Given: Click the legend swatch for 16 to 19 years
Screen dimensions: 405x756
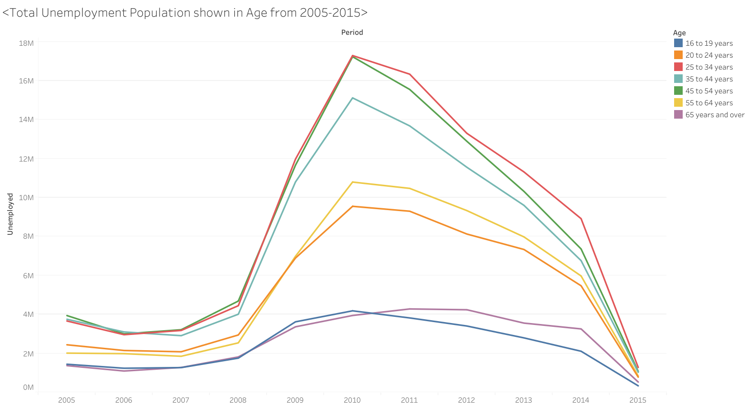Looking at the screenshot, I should tap(678, 43).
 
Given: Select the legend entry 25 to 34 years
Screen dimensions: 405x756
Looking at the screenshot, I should tap(709, 67).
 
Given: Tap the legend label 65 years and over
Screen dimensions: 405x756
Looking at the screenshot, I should tap(715, 115).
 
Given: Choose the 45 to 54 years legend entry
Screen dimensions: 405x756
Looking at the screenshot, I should tap(709, 91).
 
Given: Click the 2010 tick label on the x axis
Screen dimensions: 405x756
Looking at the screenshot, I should tap(352, 400).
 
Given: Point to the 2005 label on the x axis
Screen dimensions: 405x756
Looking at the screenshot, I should tap(67, 400).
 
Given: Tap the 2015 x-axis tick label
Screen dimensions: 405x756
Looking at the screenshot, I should tap(638, 400).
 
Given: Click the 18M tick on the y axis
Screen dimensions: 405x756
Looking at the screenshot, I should tap(26, 43).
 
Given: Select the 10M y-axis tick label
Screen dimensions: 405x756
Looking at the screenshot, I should tap(26, 197).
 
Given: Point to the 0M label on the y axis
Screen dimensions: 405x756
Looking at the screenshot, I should tap(28, 387).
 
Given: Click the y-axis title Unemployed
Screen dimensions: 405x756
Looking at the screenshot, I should tap(10, 214).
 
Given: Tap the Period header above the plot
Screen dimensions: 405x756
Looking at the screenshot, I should tap(352, 32).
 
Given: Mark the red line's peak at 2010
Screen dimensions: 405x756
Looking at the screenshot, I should tap(352, 56).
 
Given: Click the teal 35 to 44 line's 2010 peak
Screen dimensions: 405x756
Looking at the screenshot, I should tap(352, 98).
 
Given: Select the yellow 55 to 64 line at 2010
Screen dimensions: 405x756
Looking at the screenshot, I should tap(352, 182).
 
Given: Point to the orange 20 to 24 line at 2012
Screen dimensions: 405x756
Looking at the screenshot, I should tap(467, 234).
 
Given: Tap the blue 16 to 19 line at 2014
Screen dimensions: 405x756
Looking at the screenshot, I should tap(581, 351).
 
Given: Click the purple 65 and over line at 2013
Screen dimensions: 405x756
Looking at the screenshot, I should tap(524, 323).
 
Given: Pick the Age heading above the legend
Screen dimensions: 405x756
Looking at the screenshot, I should tap(679, 33).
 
